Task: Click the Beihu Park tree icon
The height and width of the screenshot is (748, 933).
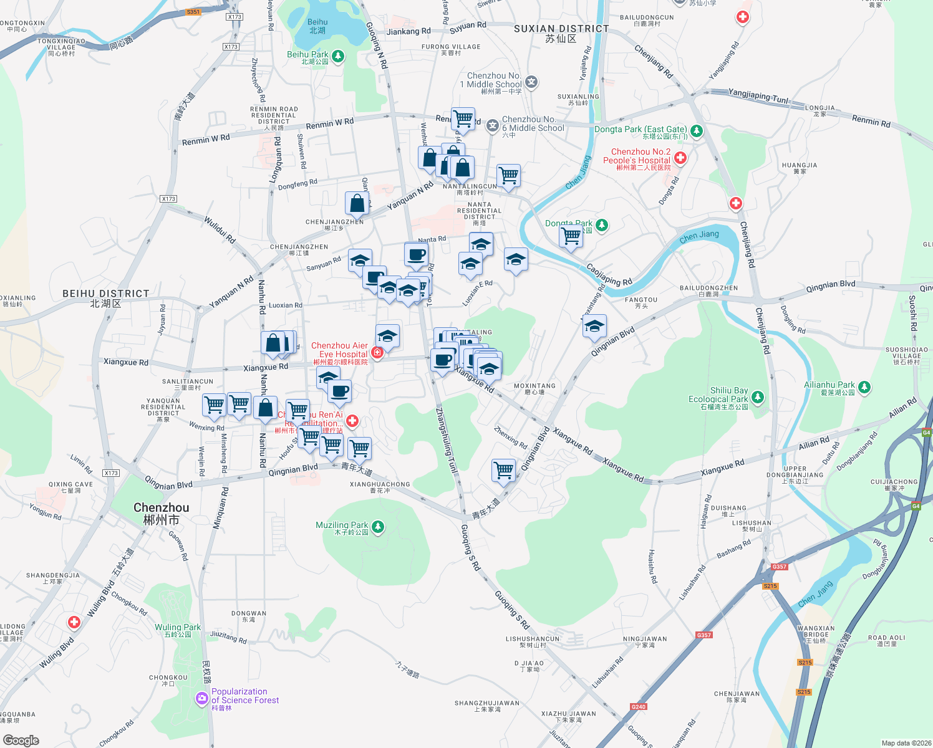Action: (338, 57)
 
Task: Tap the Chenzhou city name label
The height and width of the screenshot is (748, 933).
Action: (161, 514)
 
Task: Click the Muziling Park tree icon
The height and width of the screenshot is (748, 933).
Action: (377, 527)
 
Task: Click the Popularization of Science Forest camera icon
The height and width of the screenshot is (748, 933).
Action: (201, 698)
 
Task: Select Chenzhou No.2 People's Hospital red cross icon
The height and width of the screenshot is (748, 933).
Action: (680, 158)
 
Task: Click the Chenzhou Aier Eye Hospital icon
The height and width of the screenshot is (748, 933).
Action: (377, 353)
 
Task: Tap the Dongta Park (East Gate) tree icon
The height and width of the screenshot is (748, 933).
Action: (697, 131)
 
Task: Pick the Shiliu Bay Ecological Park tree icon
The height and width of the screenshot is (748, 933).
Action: (757, 397)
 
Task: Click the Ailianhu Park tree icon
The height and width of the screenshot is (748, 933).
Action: (864, 387)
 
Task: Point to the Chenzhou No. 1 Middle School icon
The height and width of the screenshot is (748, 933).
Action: (531, 82)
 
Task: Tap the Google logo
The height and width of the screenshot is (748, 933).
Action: (21, 740)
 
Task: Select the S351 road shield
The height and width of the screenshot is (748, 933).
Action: (193, 12)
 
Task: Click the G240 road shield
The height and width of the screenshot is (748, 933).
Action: (639, 706)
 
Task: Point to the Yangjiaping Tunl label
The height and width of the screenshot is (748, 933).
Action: (758, 96)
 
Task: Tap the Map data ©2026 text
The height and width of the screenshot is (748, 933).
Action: (905, 742)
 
